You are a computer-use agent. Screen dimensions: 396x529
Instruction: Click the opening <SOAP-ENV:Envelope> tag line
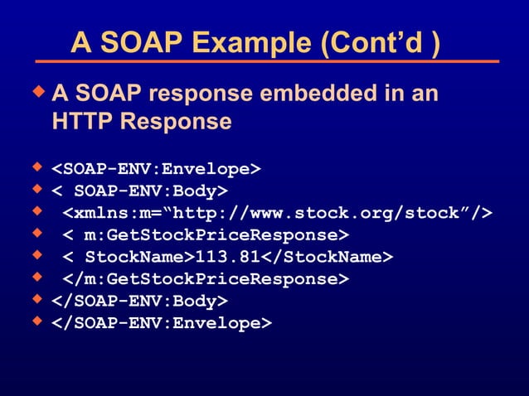click(157, 170)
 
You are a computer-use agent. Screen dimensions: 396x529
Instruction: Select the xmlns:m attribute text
click(104, 213)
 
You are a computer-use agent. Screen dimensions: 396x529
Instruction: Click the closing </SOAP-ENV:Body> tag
click(140, 301)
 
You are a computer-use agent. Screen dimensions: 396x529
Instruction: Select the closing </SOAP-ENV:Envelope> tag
click(162, 323)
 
